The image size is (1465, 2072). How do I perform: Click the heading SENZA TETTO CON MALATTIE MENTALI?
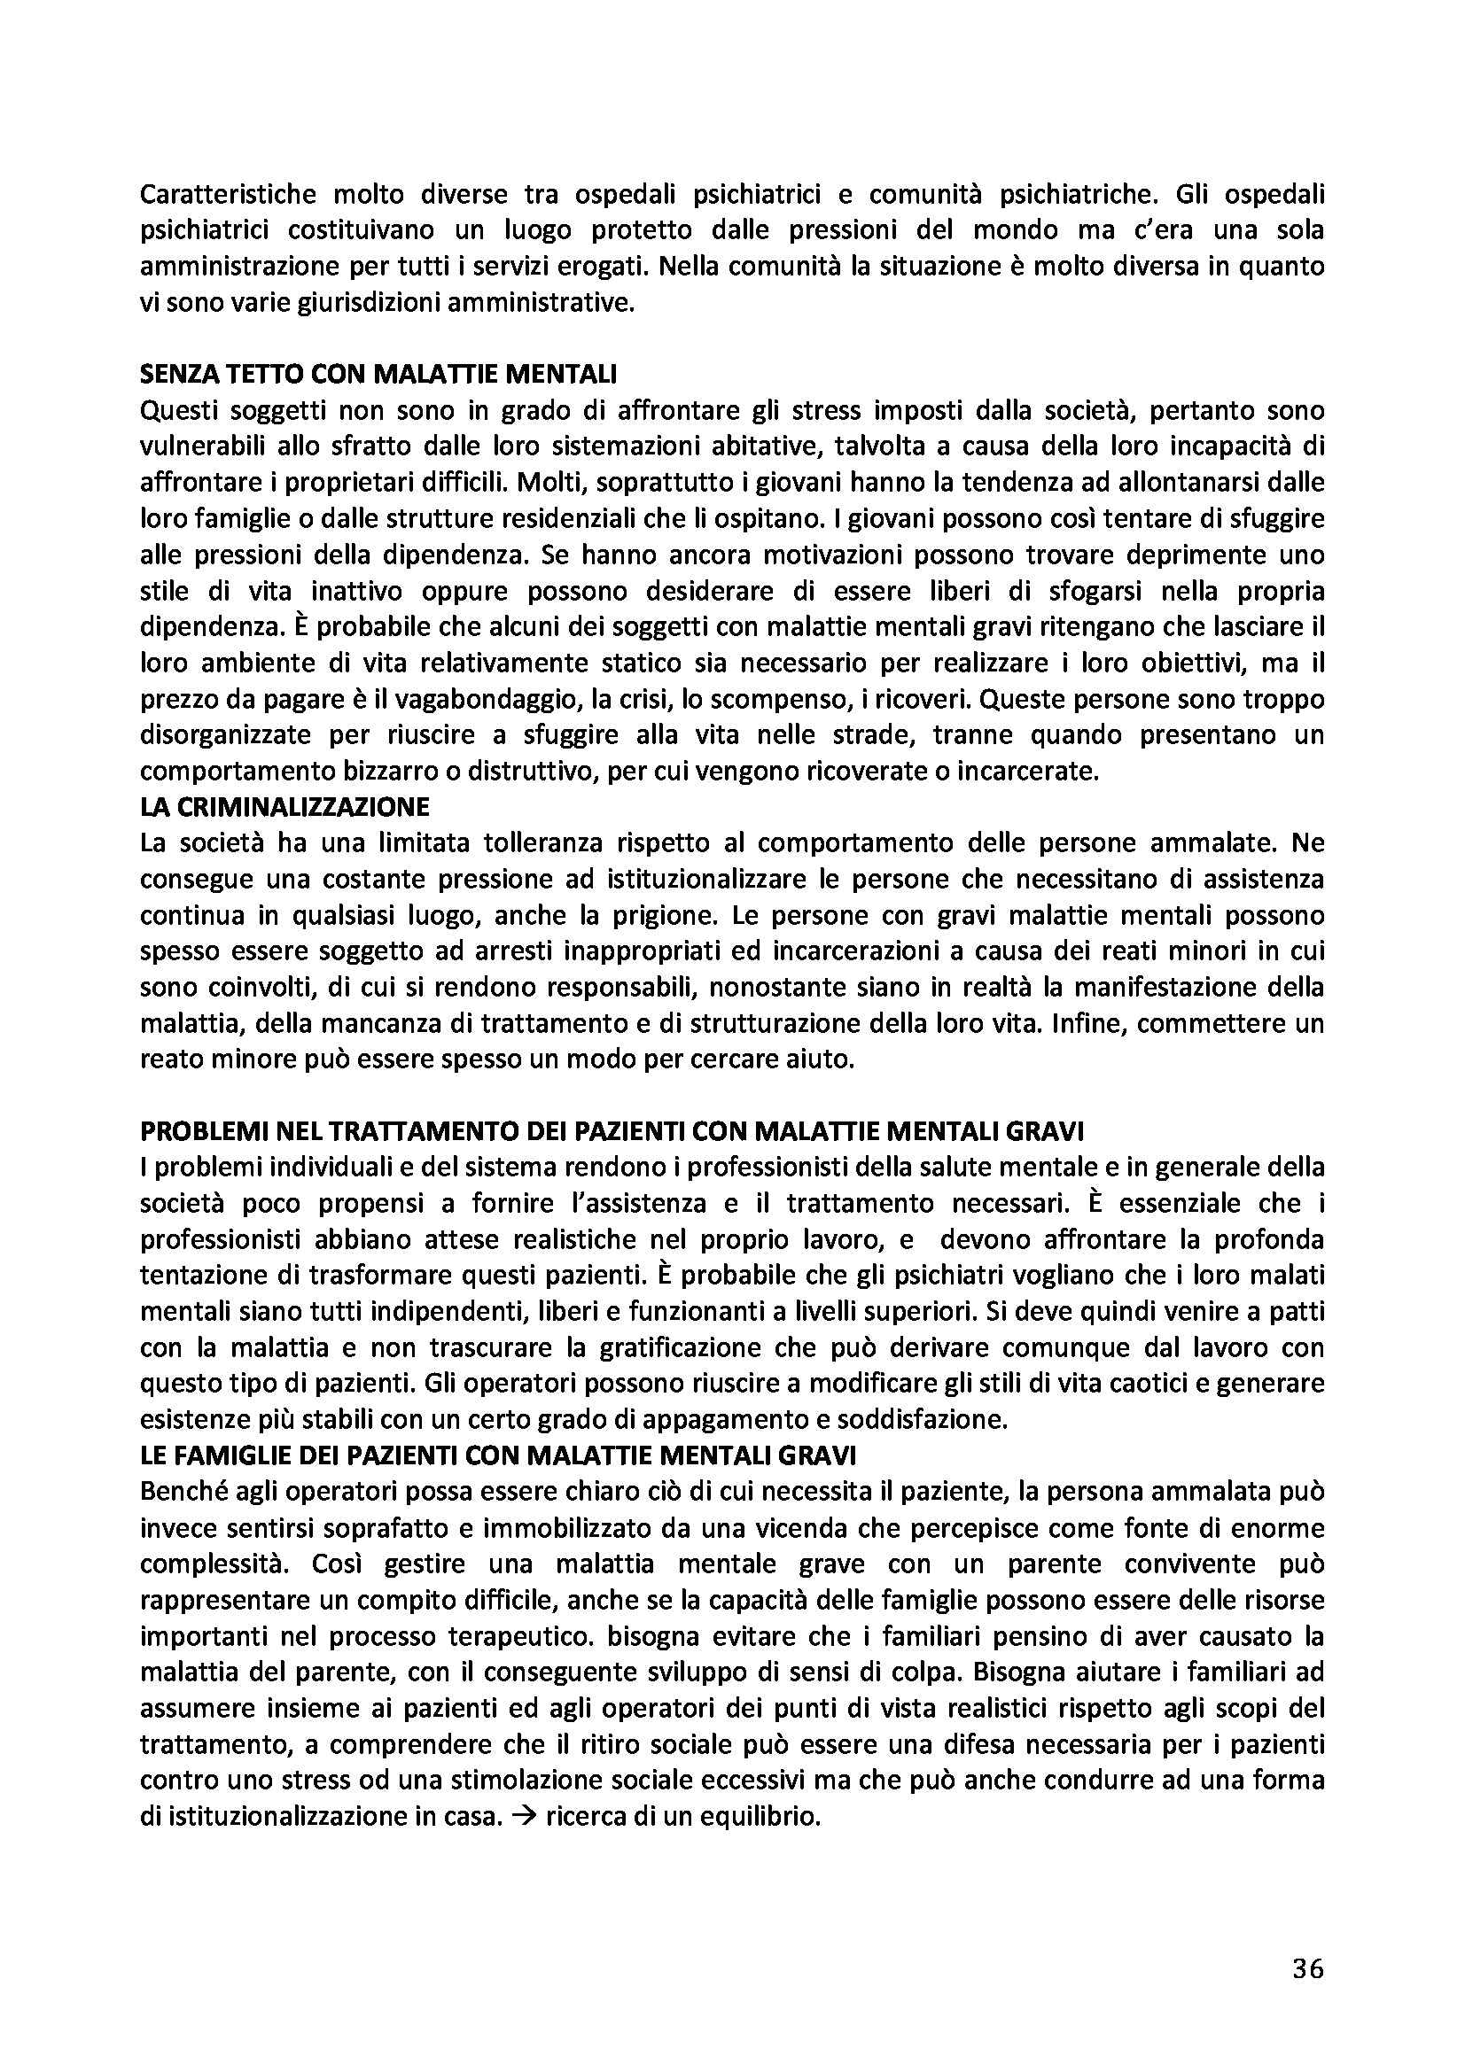[x=378, y=374]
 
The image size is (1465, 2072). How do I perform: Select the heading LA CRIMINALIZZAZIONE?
[x=285, y=807]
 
